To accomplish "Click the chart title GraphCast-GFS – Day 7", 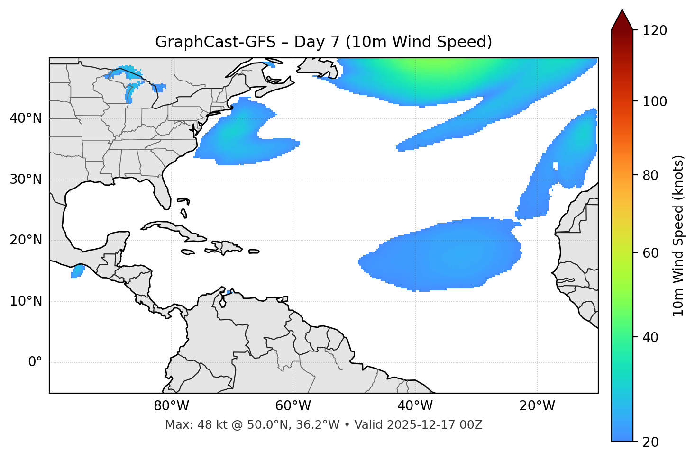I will coord(323,42).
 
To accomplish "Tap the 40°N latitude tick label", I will coord(26,118).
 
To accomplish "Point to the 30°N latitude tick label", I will coord(26,180).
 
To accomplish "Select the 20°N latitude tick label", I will coord(26,240).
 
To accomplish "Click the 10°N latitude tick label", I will coord(26,301).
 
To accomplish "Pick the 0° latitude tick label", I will coord(35,362).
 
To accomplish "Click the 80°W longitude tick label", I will coord(171,406).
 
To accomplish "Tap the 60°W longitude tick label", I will coord(293,406).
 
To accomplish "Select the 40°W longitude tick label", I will coord(415,406).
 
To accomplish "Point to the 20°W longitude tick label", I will coord(537,406).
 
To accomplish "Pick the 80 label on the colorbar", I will coord(651,175).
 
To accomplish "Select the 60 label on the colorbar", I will coord(651,253).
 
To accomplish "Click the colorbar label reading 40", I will coord(651,338).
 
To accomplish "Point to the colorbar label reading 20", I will coord(651,442).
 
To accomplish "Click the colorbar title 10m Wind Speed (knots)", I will coord(678,235).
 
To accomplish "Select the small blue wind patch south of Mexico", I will coord(77,271).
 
